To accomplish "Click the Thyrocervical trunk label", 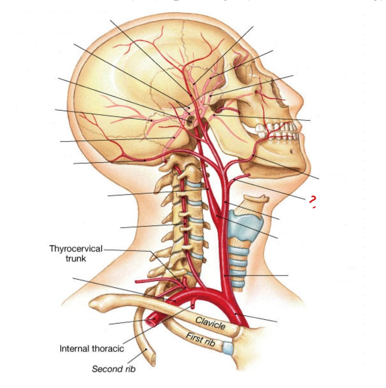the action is (x=76, y=249).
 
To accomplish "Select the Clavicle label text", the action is (x=210, y=323).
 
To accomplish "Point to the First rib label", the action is (x=200, y=339).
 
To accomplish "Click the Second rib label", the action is (x=113, y=369).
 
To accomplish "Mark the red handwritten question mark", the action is (x=312, y=201).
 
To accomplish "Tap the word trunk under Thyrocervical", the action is (x=76, y=258).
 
